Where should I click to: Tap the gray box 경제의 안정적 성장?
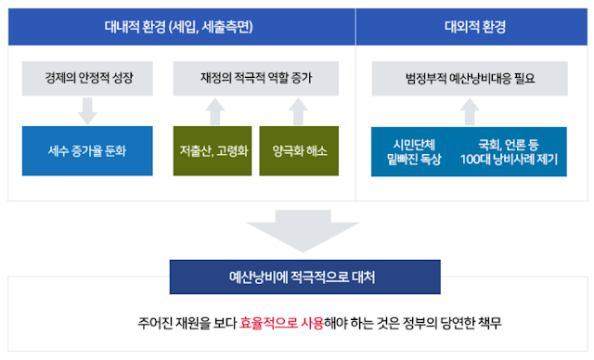[88, 78]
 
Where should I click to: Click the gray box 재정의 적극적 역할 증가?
[255, 78]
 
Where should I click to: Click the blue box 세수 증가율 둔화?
[88, 150]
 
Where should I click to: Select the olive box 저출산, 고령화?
[213, 150]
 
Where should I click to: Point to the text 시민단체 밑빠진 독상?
[416, 150]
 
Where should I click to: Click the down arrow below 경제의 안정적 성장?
[88, 110]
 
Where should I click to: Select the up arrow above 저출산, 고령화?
[213, 110]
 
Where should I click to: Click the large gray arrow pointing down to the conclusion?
[296, 232]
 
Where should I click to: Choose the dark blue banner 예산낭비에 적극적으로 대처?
[296, 276]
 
